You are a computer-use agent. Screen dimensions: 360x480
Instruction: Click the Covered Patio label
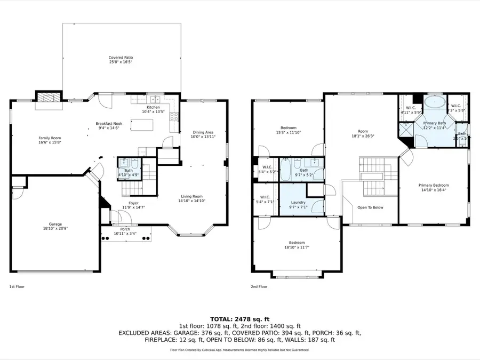[121, 58]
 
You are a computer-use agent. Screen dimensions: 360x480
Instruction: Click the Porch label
[126, 230]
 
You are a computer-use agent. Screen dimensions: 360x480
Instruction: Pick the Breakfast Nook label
[109, 124]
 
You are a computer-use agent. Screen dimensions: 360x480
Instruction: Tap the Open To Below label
[370, 207]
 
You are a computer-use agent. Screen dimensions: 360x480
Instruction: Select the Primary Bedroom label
[434, 185]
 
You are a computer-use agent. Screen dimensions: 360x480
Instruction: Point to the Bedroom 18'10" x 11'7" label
[297, 242]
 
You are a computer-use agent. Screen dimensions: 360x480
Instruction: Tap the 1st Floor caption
[17, 286]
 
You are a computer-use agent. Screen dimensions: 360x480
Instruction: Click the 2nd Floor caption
[259, 286]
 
